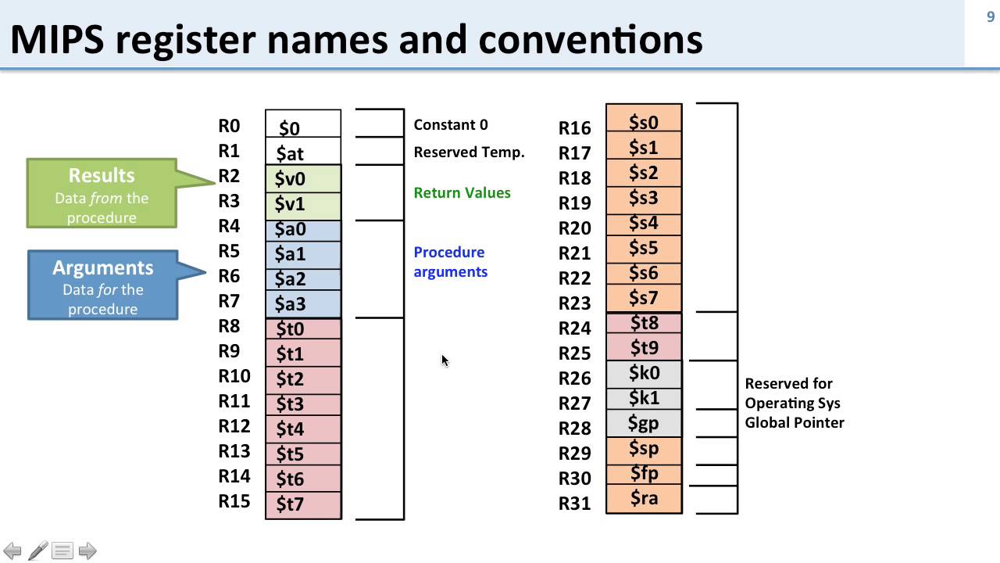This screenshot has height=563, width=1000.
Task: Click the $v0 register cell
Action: pyautogui.click(x=303, y=178)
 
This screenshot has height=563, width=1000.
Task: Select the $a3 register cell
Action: pyautogui.click(x=303, y=303)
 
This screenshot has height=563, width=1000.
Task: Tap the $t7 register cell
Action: pyautogui.click(x=303, y=504)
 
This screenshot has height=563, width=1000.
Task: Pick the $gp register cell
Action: pyautogui.click(x=644, y=423)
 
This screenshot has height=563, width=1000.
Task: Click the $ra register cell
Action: pyautogui.click(x=644, y=498)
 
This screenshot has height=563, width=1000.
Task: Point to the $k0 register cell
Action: pyautogui.click(x=644, y=373)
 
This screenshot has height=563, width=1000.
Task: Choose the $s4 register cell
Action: pyautogui.click(x=644, y=223)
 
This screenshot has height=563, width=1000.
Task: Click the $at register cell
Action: pyautogui.click(x=303, y=152)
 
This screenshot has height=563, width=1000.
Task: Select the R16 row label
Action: pyautogui.click(x=574, y=128)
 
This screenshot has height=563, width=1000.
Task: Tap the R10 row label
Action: pyautogui.click(x=234, y=376)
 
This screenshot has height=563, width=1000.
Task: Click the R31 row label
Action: pyautogui.click(x=574, y=504)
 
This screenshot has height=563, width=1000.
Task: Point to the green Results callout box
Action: pyautogui.click(x=102, y=194)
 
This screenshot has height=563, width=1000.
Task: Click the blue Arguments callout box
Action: pyautogui.click(x=102, y=285)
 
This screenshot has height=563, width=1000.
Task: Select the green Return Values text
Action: pyautogui.click(x=462, y=192)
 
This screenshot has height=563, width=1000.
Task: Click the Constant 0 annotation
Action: pyautogui.click(x=450, y=125)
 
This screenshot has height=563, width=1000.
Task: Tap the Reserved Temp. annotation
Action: pyautogui.click(x=469, y=152)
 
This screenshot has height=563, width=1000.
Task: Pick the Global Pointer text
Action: pyautogui.click(x=794, y=422)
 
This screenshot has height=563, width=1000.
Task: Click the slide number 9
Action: pyautogui.click(x=991, y=17)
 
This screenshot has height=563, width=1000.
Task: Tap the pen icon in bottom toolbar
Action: pyautogui.click(x=37, y=550)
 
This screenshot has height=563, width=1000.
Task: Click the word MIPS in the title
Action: pyautogui.click(x=56, y=39)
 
